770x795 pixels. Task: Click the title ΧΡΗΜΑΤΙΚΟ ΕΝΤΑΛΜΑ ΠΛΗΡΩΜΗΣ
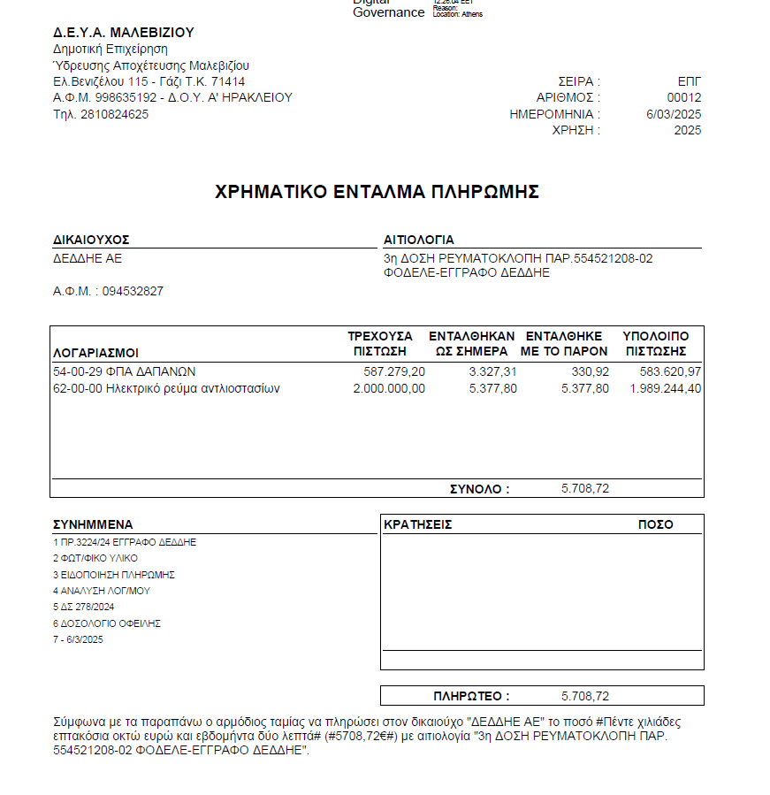[377, 192]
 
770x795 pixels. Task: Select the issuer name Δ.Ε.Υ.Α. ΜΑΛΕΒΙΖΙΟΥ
[123, 33]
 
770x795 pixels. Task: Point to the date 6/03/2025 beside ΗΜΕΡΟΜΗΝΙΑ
[674, 114]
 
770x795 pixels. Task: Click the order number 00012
[684, 98]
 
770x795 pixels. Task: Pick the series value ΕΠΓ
[689, 81]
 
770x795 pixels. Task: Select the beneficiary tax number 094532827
[133, 291]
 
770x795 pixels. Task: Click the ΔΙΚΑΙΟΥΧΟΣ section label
[92, 240]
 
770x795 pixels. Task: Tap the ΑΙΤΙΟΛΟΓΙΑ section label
[419, 240]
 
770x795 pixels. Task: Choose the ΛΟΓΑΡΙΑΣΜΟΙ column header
[95, 351]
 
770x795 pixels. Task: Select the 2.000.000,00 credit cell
[389, 388]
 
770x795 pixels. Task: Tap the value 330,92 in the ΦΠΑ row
[591, 371]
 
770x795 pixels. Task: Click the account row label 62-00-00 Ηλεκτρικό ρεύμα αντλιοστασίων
[166, 388]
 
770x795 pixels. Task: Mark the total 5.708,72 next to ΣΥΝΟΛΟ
[585, 488]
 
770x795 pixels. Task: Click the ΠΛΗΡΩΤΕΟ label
[471, 696]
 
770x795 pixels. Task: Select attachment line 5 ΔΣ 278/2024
[84, 608]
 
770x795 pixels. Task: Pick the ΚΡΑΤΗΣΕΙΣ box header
[418, 524]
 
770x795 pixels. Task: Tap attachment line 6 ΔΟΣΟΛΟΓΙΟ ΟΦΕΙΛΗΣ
[106, 623]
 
